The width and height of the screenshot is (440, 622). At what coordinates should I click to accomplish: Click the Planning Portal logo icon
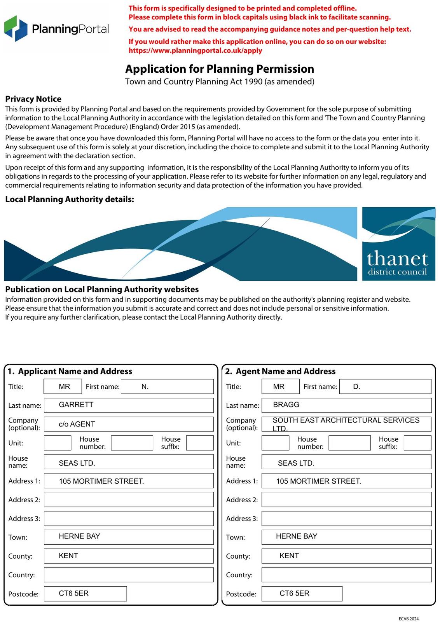click(x=16, y=28)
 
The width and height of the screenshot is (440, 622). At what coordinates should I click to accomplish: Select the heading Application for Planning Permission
click(x=219, y=69)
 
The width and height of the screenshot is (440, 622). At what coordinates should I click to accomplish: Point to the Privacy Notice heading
click(x=33, y=99)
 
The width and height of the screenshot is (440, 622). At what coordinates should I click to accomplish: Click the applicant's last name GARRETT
click(x=76, y=405)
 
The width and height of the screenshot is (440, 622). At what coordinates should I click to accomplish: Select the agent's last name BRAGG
click(x=286, y=405)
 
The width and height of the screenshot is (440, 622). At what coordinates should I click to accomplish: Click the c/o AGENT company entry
click(x=77, y=424)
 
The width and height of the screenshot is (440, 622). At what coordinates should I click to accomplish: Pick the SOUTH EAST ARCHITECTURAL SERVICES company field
click(x=346, y=424)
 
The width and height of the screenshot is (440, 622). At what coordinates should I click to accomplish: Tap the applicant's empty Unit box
click(x=58, y=443)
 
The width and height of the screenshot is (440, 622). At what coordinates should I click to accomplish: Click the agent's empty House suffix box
click(x=417, y=443)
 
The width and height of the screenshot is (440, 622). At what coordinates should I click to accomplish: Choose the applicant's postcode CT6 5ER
click(x=74, y=593)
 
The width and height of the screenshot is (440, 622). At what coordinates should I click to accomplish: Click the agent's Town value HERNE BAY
click(x=297, y=536)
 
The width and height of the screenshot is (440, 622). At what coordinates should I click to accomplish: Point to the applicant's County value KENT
click(x=68, y=556)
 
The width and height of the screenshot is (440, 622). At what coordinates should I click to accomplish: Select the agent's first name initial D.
click(x=356, y=387)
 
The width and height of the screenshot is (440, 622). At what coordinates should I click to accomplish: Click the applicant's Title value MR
click(x=64, y=387)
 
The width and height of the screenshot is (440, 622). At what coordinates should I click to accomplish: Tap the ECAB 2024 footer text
click(x=409, y=619)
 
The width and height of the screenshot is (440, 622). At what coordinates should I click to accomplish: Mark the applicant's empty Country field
click(x=129, y=575)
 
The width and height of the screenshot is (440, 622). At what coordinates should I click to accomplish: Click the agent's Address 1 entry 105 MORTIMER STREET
click(x=318, y=481)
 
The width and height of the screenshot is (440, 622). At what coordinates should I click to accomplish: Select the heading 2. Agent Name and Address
click(x=280, y=371)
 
